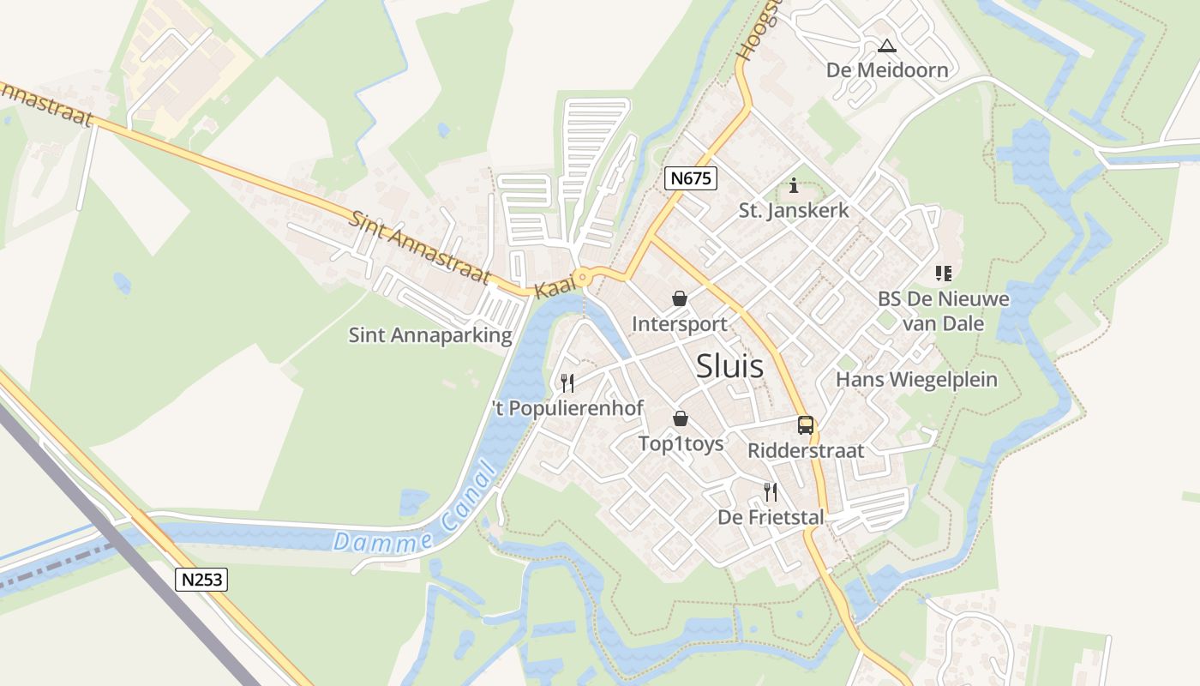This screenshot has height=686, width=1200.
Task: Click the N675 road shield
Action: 690,178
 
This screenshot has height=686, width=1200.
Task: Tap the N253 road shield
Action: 202,580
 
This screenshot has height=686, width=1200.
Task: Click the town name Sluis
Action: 729,366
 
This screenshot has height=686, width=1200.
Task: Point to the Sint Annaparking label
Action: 429,335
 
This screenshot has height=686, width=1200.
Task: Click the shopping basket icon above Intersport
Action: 680,298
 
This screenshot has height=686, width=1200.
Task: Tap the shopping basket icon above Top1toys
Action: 681,418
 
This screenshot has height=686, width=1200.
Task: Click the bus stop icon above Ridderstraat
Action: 805,424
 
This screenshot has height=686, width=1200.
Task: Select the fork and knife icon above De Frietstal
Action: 771,491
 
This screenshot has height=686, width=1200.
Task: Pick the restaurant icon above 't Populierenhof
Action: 567,382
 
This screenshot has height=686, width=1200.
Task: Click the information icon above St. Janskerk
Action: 794,184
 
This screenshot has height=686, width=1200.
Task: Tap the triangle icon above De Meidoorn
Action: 886,45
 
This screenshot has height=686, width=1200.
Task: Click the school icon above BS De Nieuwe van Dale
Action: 944,274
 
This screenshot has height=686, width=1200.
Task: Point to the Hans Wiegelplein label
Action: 916,379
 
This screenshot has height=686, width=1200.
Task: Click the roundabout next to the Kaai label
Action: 583,277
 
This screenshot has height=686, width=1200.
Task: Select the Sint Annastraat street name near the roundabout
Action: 420,246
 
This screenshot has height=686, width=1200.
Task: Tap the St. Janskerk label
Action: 794,210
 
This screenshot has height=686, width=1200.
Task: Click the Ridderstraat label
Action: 806,450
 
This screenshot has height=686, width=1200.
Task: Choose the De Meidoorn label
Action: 887,70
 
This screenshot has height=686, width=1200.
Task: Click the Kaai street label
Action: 553,288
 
